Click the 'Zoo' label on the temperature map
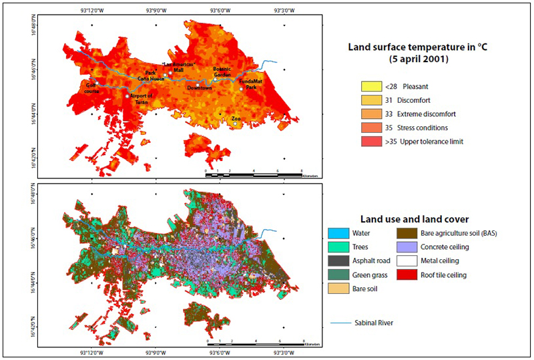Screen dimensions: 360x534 tap(236, 119)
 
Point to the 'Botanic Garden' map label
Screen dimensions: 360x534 tap(222, 71)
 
